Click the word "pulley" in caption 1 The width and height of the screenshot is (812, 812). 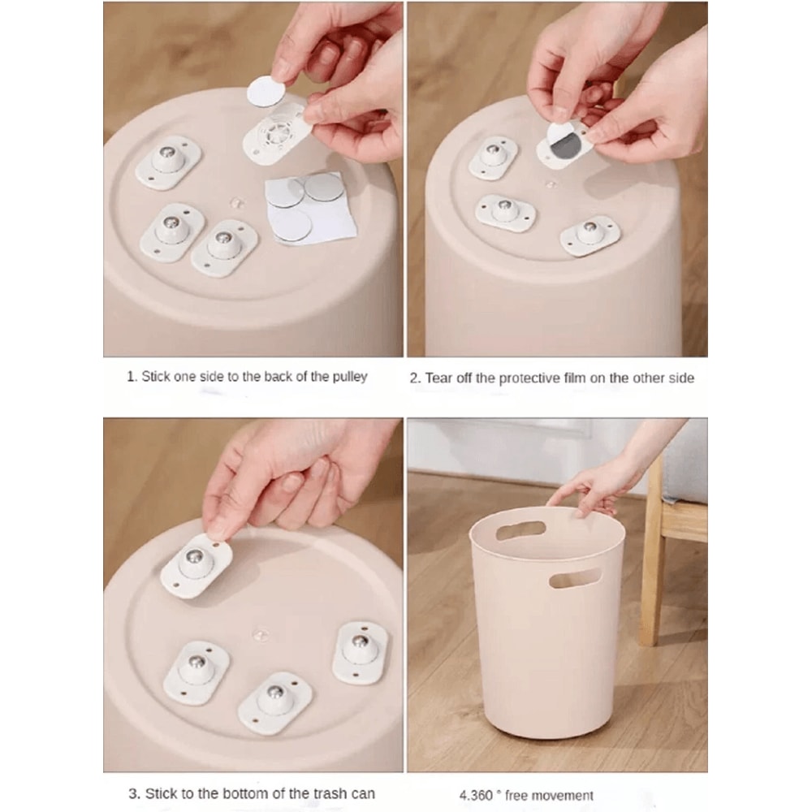[349, 377]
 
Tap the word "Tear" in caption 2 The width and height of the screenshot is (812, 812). [436, 378]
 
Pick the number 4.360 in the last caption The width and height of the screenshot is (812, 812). [476, 796]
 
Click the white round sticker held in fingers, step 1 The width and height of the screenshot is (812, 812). [267, 91]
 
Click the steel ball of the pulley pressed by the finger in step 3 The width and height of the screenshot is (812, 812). [193, 557]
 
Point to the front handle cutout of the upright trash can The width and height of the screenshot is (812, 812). [575, 578]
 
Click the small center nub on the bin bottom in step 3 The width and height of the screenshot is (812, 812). [261, 633]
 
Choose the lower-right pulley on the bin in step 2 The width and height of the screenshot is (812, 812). [590, 235]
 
